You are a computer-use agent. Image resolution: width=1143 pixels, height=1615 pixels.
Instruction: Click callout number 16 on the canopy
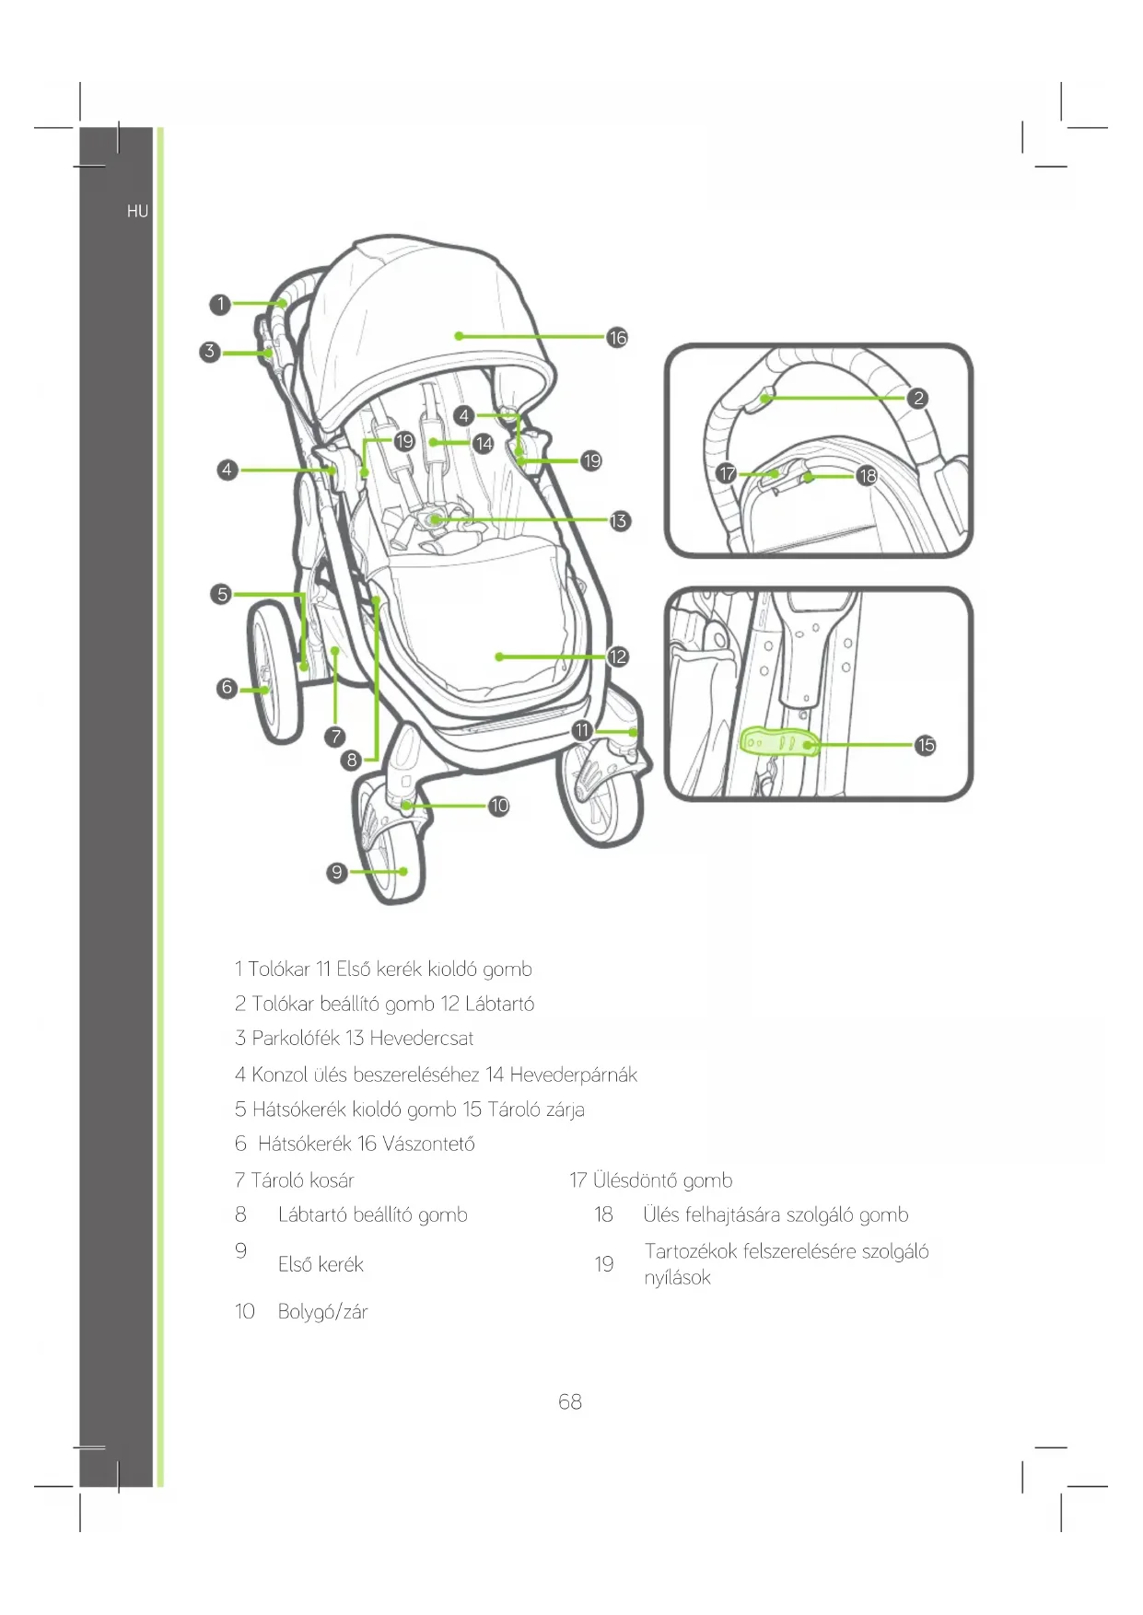[617, 338]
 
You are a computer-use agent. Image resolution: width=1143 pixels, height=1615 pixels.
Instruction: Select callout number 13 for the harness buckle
[619, 521]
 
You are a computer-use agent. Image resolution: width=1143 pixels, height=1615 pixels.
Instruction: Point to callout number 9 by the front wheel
[337, 872]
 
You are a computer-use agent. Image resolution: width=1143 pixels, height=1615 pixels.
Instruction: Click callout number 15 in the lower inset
[926, 745]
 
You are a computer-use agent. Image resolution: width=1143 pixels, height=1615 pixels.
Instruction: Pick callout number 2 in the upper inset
[917, 398]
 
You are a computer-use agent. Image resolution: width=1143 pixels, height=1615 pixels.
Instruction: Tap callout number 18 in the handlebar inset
[867, 476]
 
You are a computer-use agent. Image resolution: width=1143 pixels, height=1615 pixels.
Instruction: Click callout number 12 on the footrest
[617, 656]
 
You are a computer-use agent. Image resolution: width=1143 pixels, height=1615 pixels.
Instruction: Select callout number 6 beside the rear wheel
[227, 688]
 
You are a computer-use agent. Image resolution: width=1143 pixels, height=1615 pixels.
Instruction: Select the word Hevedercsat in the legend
[421, 1039]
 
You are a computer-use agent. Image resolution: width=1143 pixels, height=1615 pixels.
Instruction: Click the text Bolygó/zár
[322, 1312]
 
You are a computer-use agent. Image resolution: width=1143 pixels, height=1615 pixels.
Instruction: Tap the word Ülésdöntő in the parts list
[636, 1180]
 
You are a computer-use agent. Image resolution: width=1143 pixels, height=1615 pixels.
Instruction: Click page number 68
[570, 1401]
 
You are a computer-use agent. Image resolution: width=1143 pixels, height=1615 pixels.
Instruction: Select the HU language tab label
[137, 212]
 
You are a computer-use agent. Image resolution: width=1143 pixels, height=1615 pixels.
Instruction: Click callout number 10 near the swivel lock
[499, 806]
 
